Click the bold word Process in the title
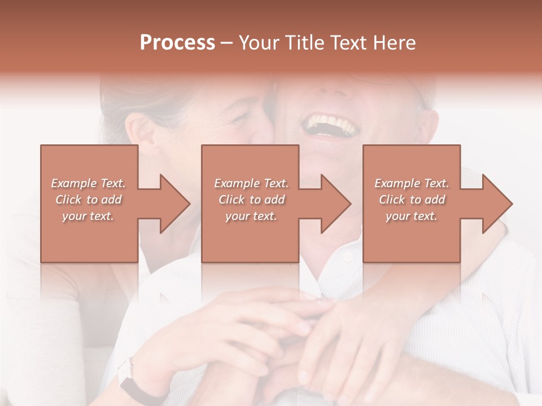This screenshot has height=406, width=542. (177, 43)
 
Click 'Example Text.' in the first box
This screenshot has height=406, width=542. (88, 183)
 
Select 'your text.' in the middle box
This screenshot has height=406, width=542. (251, 216)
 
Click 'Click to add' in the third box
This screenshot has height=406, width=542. (412, 200)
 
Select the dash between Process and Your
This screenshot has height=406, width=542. (227, 43)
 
